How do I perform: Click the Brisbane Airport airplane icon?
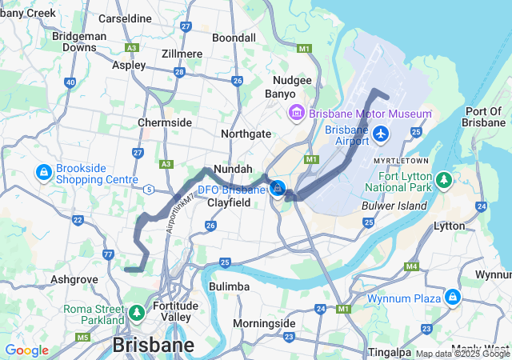tap(380, 132)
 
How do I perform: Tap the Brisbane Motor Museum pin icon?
tap(296, 113)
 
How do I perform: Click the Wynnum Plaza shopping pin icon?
tap(453, 298)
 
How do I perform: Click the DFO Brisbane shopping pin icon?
tap(277, 189)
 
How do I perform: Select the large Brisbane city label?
tap(154, 345)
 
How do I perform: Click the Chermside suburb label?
tap(165, 122)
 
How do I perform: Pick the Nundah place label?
tap(234, 170)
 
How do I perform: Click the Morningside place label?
tap(264, 323)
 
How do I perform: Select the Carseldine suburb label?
tap(124, 18)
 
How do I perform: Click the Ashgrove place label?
tap(74, 279)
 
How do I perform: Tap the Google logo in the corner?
tap(26, 350)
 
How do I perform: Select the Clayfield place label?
tap(229, 203)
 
